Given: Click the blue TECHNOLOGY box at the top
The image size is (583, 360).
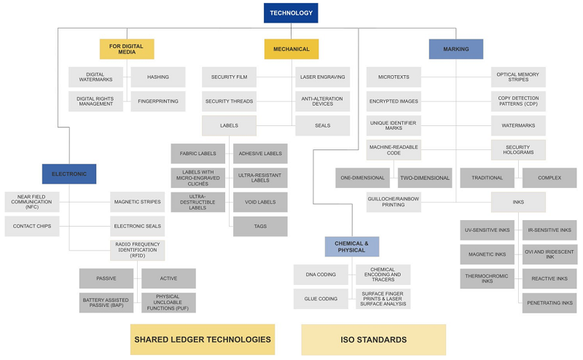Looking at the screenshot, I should (291, 13).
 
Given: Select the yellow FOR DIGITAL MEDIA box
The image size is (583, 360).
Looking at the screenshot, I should (127, 49).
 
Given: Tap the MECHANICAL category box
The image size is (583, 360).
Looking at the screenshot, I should (291, 49).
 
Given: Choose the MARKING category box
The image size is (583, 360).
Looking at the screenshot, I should (455, 49).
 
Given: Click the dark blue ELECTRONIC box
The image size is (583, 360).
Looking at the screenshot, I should (69, 173).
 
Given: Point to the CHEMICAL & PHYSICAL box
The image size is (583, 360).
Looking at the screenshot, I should (352, 246).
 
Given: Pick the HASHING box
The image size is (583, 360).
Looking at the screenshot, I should (158, 77).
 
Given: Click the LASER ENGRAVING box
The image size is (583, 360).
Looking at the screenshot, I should (322, 77).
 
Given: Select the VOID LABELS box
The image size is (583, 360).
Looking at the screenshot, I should (260, 202).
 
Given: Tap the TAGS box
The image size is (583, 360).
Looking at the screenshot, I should (260, 226).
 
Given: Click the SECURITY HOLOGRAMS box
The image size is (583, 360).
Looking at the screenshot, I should (517, 149).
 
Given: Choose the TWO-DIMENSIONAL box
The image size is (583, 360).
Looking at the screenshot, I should (425, 178).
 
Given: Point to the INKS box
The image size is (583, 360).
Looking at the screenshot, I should (517, 202).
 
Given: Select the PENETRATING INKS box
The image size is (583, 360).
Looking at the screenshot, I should (549, 302).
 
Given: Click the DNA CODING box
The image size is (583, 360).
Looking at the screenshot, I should (321, 275).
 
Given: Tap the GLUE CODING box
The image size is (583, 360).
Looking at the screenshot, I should (321, 299).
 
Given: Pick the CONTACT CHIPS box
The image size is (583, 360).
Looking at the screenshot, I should (32, 226).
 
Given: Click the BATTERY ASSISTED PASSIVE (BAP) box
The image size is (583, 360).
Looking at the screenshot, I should (106, 302).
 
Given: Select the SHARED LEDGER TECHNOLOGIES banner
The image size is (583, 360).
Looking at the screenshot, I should (203, 340).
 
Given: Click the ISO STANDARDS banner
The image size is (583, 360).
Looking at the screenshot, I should (373, 340).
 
